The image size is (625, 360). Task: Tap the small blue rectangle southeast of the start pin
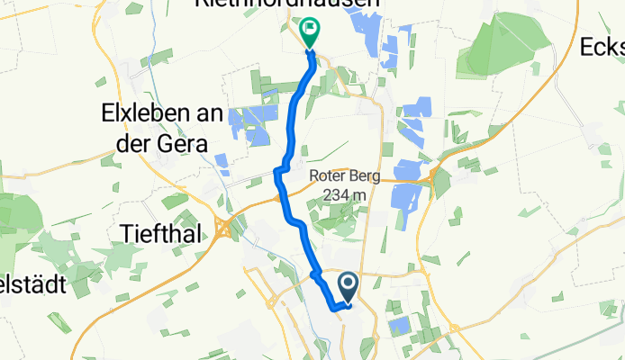(396, 324)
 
